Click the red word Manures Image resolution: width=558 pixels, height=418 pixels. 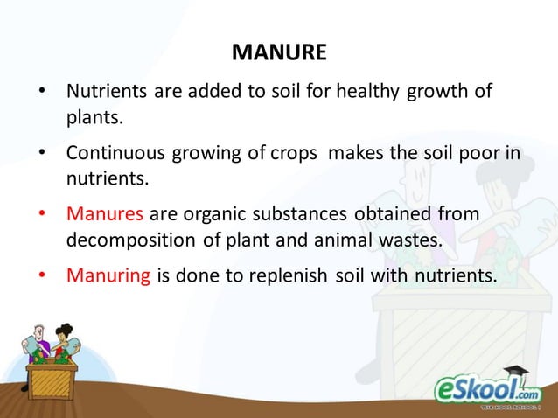pyautogui.click(x=106, y=214)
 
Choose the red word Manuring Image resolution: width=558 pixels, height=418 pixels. pyautogui.click(x=108, y=277)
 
